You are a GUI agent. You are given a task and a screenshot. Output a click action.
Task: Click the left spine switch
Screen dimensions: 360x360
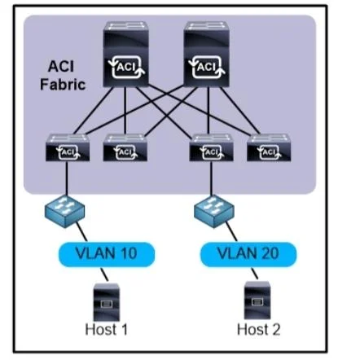125,55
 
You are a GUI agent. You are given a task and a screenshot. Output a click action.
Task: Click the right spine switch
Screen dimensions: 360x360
206,55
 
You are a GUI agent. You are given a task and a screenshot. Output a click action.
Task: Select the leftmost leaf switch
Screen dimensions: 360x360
68,147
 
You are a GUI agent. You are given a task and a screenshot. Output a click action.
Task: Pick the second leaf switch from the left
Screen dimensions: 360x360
125,147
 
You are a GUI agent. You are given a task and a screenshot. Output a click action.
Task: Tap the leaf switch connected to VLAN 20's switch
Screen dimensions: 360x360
211,147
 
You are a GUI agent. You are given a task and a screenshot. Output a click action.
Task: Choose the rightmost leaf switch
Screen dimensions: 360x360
269,147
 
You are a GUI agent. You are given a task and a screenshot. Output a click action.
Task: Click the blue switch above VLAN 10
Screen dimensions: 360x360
64,211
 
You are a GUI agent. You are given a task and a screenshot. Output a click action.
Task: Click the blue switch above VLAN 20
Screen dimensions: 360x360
214,211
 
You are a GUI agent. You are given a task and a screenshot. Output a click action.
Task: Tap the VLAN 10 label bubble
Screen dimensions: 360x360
107,254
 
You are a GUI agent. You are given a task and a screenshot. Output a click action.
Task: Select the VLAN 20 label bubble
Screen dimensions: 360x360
248,254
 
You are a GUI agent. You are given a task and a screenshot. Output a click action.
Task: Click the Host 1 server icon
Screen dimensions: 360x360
107,301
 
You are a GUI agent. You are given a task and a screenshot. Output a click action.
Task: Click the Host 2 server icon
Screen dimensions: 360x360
257,301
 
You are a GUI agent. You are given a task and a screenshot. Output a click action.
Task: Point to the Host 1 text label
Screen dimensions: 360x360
106,329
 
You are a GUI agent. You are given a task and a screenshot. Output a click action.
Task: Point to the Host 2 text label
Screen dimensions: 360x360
258,329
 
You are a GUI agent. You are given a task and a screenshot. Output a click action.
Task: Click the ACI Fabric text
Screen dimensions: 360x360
63,76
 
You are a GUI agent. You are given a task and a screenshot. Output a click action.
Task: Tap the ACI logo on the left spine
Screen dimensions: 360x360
126,67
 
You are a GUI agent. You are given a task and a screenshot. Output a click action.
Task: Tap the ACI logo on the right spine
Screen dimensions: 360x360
207,67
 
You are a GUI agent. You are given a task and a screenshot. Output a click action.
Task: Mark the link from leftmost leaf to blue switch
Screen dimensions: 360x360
67,178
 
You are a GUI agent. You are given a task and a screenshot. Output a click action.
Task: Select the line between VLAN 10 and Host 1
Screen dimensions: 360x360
104,274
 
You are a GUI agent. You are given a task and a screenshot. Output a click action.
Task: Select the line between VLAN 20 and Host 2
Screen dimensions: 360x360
254,274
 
